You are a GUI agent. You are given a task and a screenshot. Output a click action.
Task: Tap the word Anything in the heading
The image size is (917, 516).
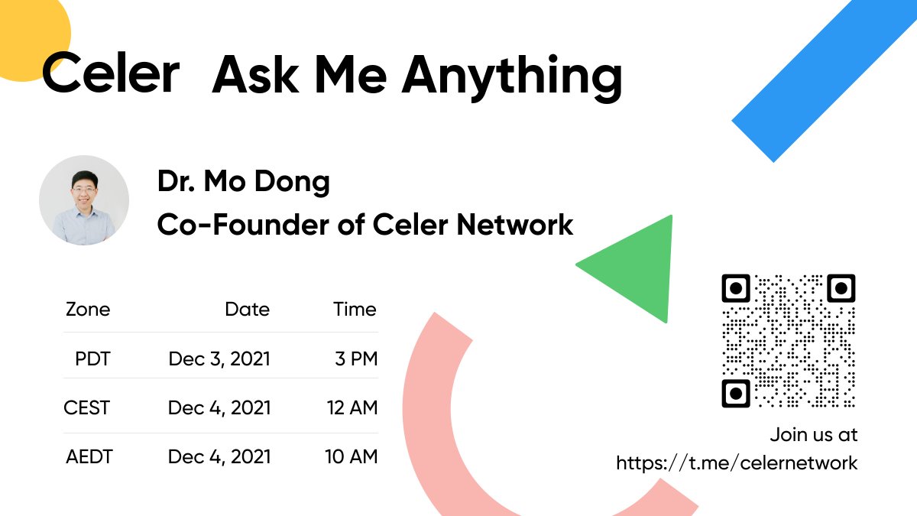pyautogui.click(x=512, y=76)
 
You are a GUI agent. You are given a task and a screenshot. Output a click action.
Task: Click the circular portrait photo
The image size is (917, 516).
pyautogui.click(x=84, y=200)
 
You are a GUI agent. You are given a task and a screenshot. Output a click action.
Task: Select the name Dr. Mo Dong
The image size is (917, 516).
pyautogui.click(x=244, y=182)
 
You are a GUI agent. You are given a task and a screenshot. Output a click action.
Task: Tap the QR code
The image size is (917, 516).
pyautogui.click(x=789, y=341)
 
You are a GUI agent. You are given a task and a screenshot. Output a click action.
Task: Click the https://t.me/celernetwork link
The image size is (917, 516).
pyautogui.click(x=737, y=462)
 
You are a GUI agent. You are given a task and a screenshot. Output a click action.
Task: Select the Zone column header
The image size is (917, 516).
pyautogui.click(x=88, y=310)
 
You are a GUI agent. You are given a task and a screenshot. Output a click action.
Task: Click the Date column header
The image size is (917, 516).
pyautogui.click(x=247, y=310)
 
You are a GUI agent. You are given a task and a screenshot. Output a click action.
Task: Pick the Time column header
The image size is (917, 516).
pyautogui.click(x=355, y=310)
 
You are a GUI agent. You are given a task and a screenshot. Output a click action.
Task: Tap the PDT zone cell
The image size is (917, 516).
pyautogui.click(x=92, y=359)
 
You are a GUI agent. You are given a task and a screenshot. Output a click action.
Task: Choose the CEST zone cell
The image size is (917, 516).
pyautogui.click(x=87, y=407)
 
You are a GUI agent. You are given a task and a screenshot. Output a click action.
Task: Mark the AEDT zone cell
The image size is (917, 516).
pyautogui.click(x=89, y=457)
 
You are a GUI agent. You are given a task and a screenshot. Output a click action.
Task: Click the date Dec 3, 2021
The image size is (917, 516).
pyautogui.click(x=219, y=359)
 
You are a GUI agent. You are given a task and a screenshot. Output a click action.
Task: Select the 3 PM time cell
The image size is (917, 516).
pyautogui.click(x=356, y=359)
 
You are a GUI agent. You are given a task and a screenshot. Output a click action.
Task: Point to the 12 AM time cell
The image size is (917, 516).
pyautogui.click(x=352, y=407)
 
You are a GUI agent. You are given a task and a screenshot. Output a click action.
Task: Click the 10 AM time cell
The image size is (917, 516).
pyautogui.click(x=352, y=457)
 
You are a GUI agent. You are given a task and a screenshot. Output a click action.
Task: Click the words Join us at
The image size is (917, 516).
pyautogui.click(x=814, y=435)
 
